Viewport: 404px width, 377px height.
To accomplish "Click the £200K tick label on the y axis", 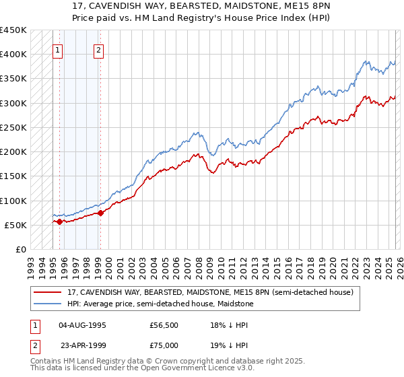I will (x=13, y=152).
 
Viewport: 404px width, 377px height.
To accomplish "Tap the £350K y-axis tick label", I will (x=13, y=79).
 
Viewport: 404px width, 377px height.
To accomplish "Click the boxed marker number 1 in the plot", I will (x=58, y=49).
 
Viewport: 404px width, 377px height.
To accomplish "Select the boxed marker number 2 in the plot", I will (x=99, y=49).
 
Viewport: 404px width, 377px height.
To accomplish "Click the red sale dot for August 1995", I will (x=59, y=221).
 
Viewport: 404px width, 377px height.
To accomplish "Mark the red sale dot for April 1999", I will (x=100, y=213).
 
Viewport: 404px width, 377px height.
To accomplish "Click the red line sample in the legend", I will (x=48, y=292).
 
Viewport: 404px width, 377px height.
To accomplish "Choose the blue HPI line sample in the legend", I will (x=48, y=304).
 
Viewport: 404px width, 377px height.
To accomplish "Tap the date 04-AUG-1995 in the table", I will (x=82, y=325).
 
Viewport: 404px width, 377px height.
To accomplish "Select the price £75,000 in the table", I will (x=164, y=344).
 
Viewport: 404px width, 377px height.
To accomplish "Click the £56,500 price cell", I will (x=164, y=325).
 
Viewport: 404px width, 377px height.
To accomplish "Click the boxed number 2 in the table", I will (x=35, y=344).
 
